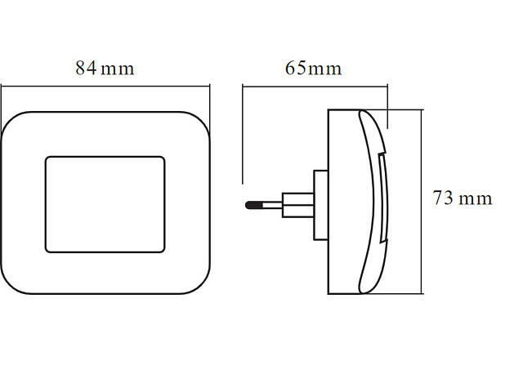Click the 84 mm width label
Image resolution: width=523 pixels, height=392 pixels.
[105, 68]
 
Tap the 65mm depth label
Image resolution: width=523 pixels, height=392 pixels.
[313, 68]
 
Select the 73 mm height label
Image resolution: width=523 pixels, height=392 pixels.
[463, 198]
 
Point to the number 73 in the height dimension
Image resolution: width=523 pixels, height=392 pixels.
[444, 198]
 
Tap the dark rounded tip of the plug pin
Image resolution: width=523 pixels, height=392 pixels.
[249, 204]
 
